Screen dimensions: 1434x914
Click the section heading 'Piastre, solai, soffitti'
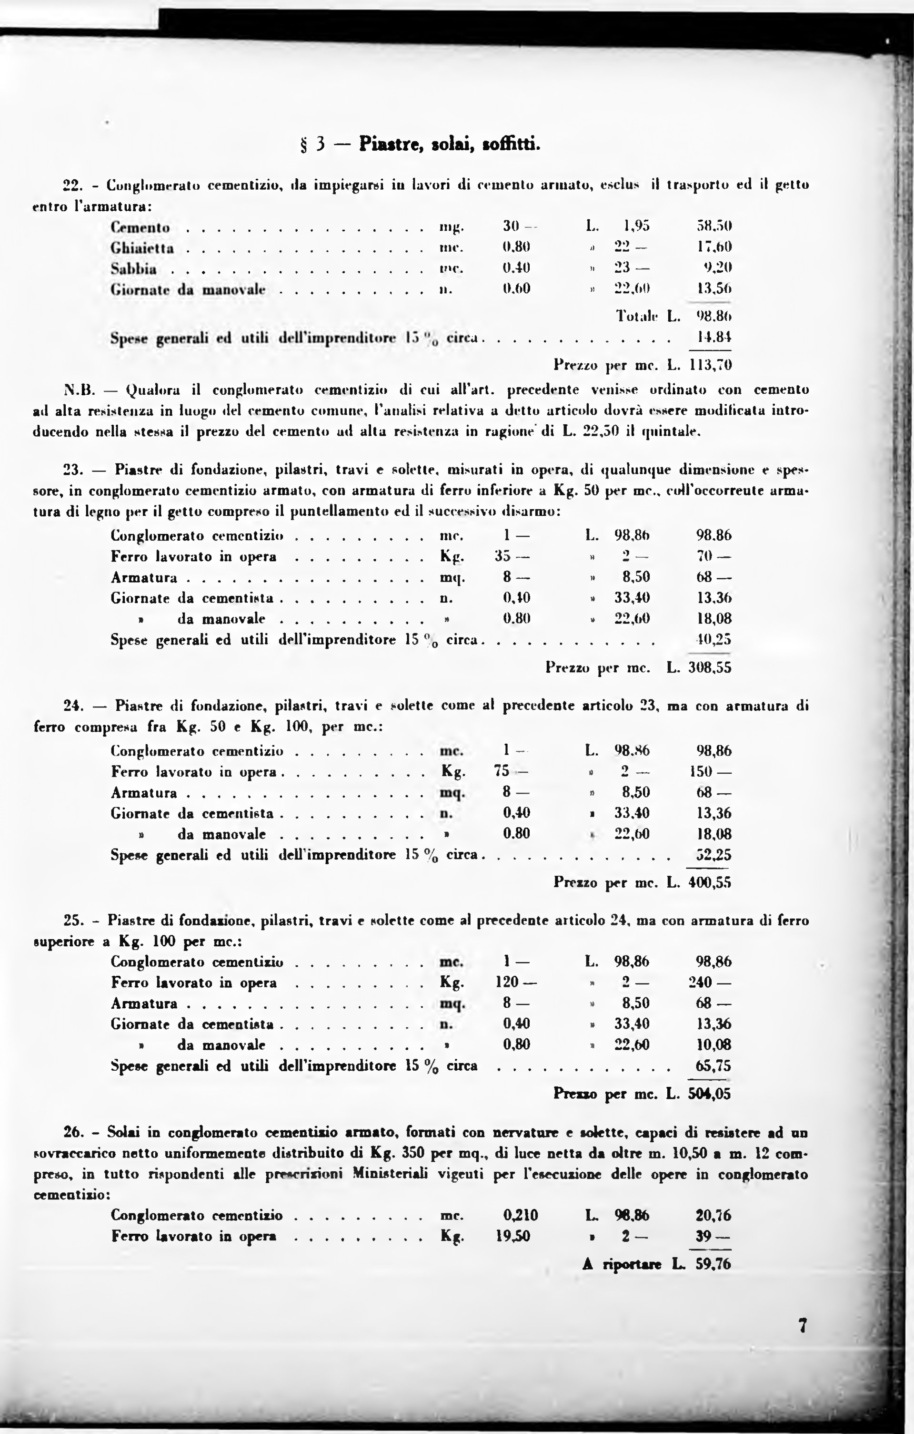click(449, 143)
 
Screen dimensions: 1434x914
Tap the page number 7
click(803, 1326)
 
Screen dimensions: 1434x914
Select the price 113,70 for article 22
click(710, 364)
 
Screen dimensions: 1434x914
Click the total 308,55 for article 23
click(709, 667)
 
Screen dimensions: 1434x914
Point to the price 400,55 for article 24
click(709, 882)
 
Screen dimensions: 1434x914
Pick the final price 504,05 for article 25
click(709, 1094)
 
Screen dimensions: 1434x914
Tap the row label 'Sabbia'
click(134, 268)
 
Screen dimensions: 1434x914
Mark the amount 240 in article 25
click(709, 983)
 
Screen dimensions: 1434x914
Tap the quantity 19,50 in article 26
click(512, 1236)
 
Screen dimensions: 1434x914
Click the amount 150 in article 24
click(709, 772)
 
